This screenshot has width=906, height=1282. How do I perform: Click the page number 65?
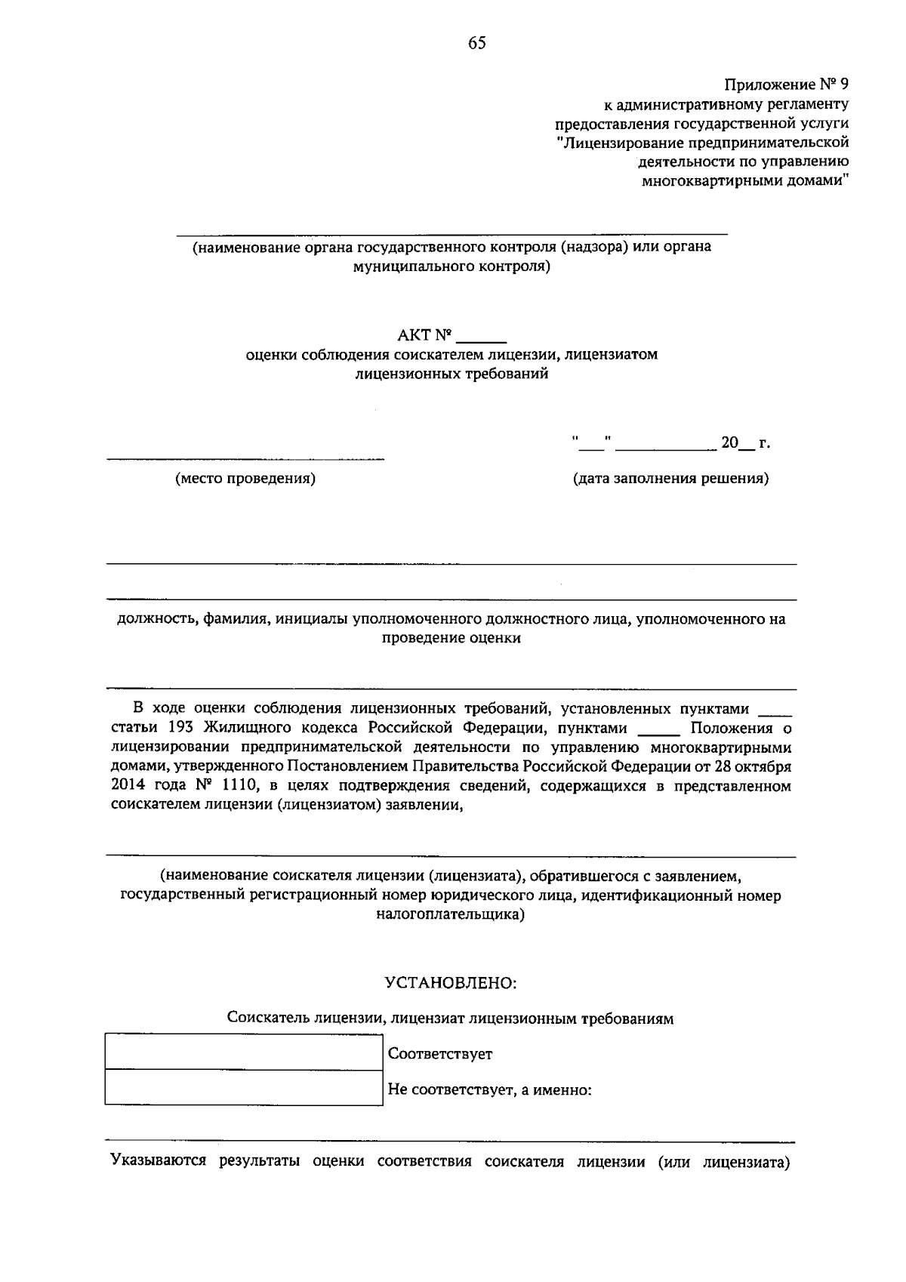pos(476,43)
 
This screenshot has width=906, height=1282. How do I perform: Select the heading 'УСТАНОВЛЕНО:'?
pos(451,983)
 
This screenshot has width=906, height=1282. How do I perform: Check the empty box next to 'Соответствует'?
pos(244,1052)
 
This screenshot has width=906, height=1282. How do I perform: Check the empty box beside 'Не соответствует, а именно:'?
pos(244,1088)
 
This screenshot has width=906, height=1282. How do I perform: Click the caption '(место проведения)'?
pos(245,478)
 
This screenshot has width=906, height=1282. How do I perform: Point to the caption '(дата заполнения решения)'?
pos(670,478)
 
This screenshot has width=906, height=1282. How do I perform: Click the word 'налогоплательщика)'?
pos(451,914)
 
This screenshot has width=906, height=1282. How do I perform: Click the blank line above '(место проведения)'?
pos(245,457)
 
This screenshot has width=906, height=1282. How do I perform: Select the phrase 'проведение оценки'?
pos(451,638)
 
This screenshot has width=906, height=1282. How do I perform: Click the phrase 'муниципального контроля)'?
pos(451,266)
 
